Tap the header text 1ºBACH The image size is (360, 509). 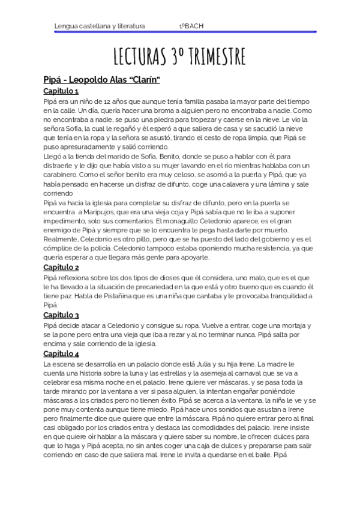pyautogui.click(x=191, y=26)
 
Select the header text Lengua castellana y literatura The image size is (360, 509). pyautogui.click(x=100, y=26)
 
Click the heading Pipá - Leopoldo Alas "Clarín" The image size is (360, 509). pyautogui.click(x=101, y=79)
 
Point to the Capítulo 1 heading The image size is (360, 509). pyautogui.click(x=61, y=91)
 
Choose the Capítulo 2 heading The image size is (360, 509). pyautogui.click(x=61, y=267)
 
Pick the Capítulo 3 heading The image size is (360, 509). pyautogui.click(x=61, y=315)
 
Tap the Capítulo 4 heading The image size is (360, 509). pyautogui.click(x=61, y=354)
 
